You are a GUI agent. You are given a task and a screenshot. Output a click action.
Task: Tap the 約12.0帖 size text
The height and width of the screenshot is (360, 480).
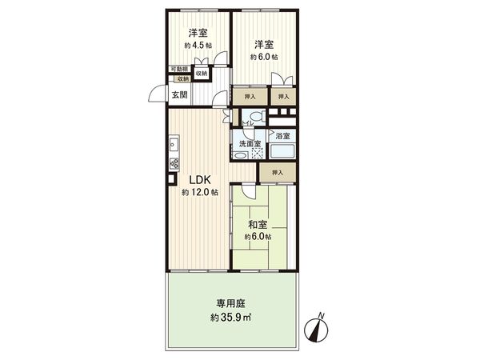point(199,194)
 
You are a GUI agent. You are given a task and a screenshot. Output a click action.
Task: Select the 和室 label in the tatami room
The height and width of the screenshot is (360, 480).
point(258,225)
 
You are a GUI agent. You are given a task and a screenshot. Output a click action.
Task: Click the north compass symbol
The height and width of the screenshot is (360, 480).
point(320,329)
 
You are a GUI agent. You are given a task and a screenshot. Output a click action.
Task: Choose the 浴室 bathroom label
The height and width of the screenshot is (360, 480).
point(282,136)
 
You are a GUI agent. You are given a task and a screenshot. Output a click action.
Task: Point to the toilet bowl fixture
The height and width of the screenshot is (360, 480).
point(255,117)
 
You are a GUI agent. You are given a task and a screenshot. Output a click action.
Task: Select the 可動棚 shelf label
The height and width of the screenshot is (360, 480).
point(180,70)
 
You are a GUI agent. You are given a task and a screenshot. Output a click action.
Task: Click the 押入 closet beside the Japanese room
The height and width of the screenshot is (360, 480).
point(278,172)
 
